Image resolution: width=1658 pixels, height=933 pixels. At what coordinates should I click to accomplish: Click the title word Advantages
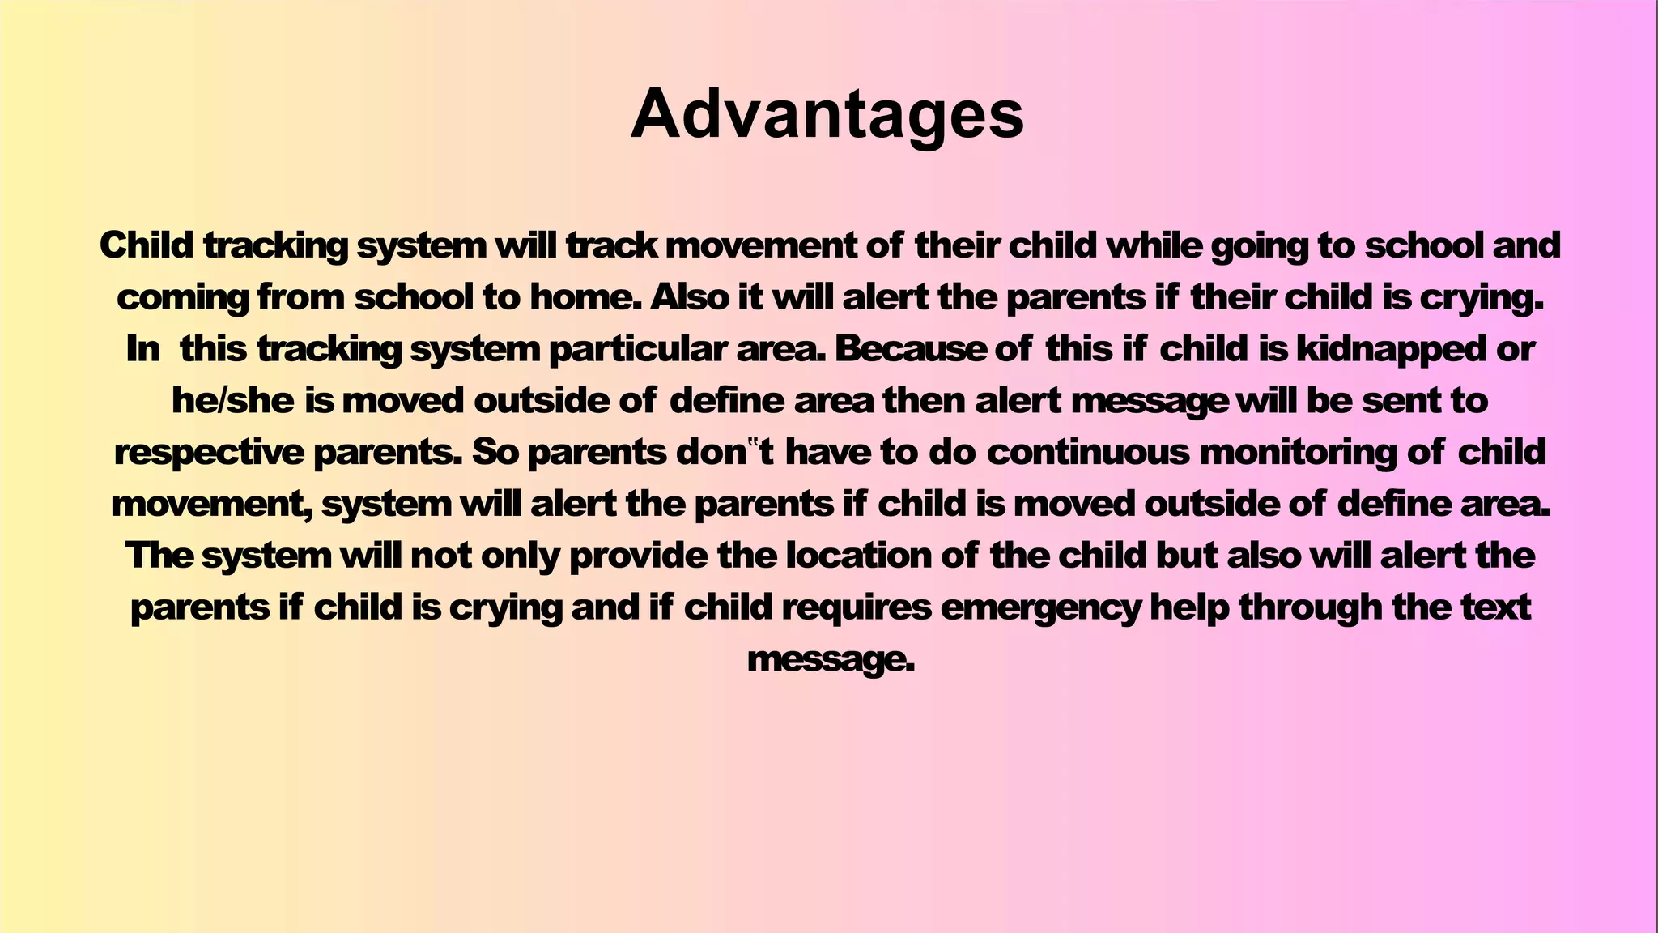[x=827, y=114]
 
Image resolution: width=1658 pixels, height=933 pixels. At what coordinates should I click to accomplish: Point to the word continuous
[x=1088, y=452]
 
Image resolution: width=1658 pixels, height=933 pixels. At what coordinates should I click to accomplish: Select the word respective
[x=209, y=452]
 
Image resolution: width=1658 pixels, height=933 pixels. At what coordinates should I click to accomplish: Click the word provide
[x=639, y=556]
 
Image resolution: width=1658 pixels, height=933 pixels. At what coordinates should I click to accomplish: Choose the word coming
[x=183, y=298]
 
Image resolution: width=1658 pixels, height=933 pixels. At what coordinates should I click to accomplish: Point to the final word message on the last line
[x=830, y=659]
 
